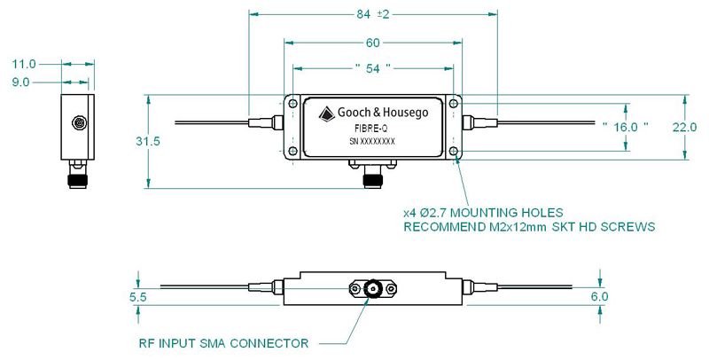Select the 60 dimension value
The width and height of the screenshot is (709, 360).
click(372, 43)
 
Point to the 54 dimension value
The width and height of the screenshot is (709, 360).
click(372, 67)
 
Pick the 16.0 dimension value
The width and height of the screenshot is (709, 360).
click(627, 127)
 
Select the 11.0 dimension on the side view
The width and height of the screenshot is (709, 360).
click(24, 64)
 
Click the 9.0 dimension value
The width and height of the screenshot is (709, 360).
click(23, 82)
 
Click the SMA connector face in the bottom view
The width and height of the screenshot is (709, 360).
click(370, 290)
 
